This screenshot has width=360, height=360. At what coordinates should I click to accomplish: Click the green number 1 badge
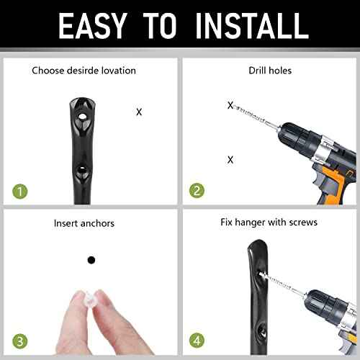pos(21,192)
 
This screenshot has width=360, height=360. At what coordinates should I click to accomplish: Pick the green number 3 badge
pos(21,341)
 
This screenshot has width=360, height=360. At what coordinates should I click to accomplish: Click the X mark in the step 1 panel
pos(139,112)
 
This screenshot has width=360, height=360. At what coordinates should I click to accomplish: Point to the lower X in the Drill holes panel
pos(230,160)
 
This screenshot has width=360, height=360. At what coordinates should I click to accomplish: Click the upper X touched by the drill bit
pos(230,106)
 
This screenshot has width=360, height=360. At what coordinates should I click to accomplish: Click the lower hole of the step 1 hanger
pos(84,170)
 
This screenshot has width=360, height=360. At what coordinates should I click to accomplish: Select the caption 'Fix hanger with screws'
pos(269,223)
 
